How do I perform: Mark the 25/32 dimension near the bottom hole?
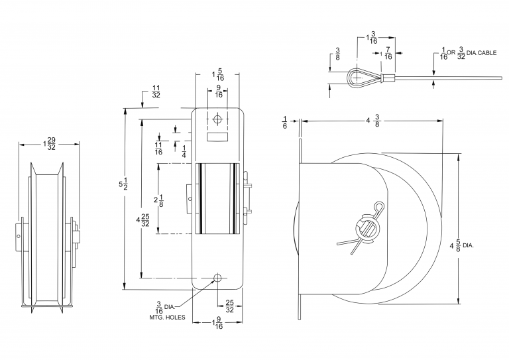(229, 306)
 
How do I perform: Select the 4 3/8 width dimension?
(372, 121)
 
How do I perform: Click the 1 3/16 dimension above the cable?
(372, 38)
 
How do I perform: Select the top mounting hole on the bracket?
(218, 119)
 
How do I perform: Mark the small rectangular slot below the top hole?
(218, 137)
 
